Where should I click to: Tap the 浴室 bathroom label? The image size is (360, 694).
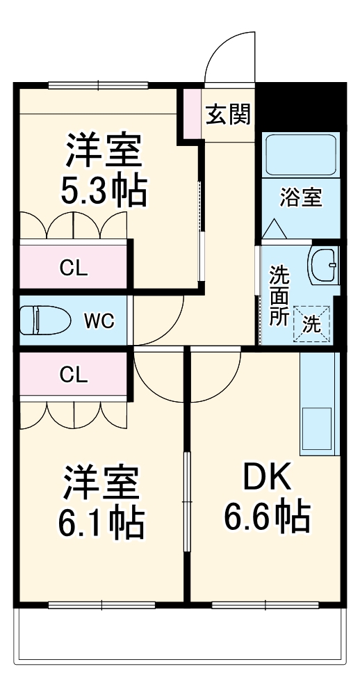(x=301, y=197)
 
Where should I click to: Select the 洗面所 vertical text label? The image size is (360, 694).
(x=279, y=295)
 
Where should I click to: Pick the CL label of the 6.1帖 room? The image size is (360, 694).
(x=74, y=376)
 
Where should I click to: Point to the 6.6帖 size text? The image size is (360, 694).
(x=266, y=517)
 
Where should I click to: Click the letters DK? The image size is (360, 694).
(x=267, y=478)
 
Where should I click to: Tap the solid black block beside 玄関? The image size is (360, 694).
(x=302, y=105)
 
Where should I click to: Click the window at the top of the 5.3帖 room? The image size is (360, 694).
(x=98, y=86)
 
